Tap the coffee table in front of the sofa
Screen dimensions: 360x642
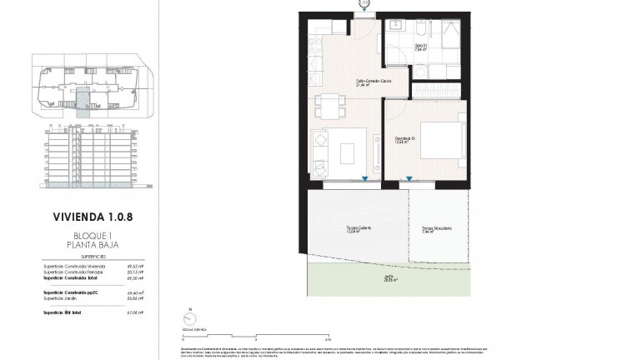pos(348,153)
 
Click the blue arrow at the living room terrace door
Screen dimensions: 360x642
pos(364,180)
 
